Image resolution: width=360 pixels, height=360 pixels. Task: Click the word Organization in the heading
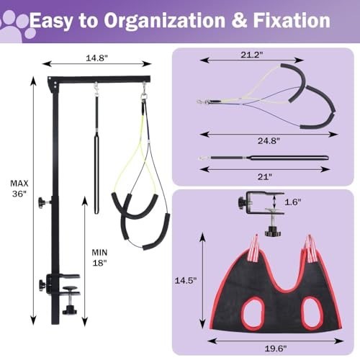(x=164, y=21)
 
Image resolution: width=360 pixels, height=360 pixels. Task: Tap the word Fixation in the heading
(x=292, y=21)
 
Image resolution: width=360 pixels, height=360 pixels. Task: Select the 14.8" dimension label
(x=96, y=58)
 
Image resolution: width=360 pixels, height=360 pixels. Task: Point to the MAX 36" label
(x=19, y=189)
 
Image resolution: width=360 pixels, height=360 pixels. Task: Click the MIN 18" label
(x=99, y=258)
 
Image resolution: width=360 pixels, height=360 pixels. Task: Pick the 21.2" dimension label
(x=252, y=55)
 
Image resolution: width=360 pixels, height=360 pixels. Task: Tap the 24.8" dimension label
(x=269, y=140)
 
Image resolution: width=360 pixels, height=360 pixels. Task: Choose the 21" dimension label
(x=265, y=177)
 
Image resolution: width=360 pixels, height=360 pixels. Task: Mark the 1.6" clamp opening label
(x=293, y=202)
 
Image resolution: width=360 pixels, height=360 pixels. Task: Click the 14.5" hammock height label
(x=186, y=280)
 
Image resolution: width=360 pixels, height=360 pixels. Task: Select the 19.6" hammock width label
(x=276, y=348)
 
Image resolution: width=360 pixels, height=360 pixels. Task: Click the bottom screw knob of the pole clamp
(x=70, y=310)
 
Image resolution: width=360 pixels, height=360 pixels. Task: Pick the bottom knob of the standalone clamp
(x=273, y=232)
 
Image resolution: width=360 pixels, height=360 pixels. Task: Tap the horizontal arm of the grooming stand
(x=99, y=79)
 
